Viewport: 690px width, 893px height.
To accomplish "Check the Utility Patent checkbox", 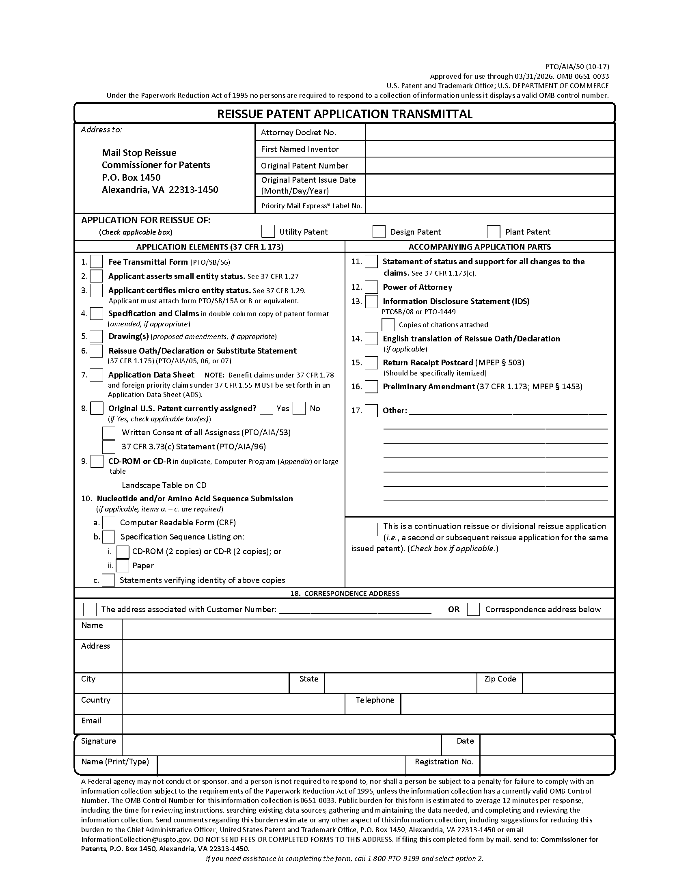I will click(x=268, y=231).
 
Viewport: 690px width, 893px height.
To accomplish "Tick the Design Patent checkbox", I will click(x=379, y=231).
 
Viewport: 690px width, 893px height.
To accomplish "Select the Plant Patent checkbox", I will click(x=494, y=231).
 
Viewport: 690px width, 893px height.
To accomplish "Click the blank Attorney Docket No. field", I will click(x=489, y=132).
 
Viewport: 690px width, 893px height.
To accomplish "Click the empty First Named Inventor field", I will click(x=489, y=149).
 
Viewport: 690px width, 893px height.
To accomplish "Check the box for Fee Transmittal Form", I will click(x=97, y=262).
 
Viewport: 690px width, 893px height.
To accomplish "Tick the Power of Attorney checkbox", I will click(x=371, y=287).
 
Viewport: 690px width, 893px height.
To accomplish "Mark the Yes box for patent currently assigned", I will click(x=267, y=408).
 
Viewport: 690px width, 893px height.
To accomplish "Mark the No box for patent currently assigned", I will click(x=299, y=408).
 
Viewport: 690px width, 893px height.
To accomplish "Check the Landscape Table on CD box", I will click(x=108, y=485).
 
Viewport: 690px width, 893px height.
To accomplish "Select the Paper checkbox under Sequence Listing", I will click(x=123, y=565).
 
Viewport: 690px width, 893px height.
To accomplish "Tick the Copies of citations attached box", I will click(x=388, y=325).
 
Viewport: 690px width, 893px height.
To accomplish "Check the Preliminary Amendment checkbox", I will click(x=371, y=386).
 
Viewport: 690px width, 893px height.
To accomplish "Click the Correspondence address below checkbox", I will click(x=473, y=609).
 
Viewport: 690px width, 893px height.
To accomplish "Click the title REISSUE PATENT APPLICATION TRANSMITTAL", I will click(x=345, y=114).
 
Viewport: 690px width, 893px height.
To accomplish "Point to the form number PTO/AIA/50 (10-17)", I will click(x=577, y=67).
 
